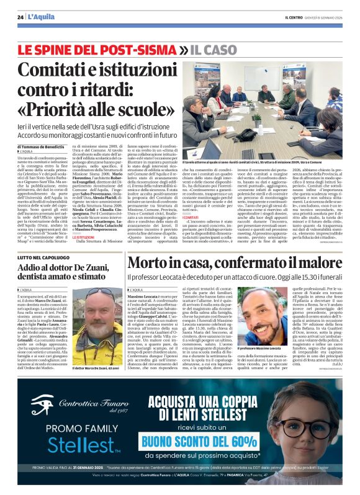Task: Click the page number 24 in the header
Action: (21, 17)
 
